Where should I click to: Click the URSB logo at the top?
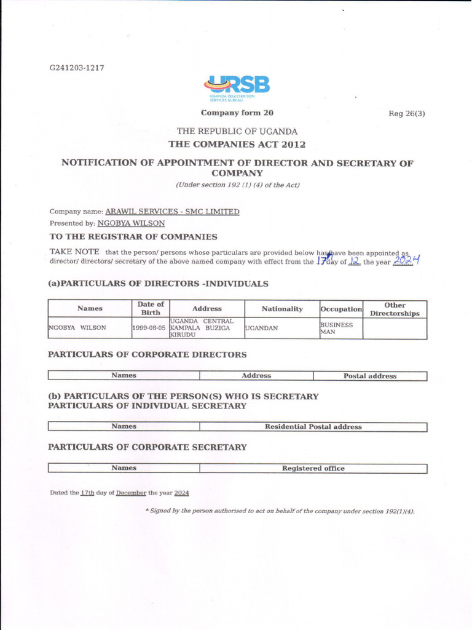[x=237, y=88]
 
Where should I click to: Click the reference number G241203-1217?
[x=77, y=68]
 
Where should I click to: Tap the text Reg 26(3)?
[x=407, y=113]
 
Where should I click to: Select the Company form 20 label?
[x=237, y=113]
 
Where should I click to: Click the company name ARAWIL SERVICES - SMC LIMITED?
[x=172, y=212]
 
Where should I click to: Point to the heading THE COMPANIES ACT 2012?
[x=237, y=144]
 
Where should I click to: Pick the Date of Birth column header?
[x=151, y=308]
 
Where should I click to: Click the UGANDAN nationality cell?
[x=262, y=328]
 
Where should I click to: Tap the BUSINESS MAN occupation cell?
[x=337, y=328]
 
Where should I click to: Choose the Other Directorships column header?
[x=395, y=308]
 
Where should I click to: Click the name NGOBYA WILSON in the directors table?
[x=77, y=328]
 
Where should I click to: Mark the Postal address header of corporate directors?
[x=369, y=376]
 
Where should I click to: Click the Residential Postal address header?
[x=313, y=426]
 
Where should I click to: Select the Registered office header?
[x=313, y=468]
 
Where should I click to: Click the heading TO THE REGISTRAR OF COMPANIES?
[x=133, y=236]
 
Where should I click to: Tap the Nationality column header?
[x=282, y=308]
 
